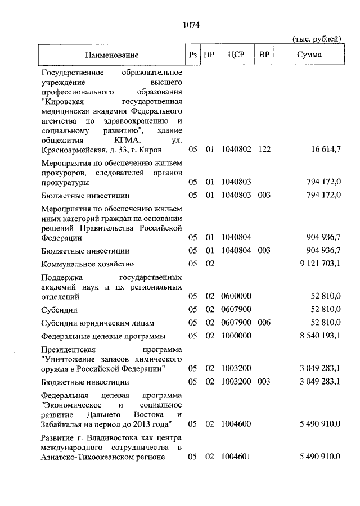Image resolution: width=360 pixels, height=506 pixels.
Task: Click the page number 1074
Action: [191, 25]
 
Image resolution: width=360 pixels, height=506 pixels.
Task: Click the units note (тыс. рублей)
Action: [317, 39]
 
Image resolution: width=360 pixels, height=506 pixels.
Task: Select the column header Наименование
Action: [112, 55]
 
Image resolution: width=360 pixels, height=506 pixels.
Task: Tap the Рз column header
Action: [193, 55]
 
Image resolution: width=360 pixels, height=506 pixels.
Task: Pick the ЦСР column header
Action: [236, 55]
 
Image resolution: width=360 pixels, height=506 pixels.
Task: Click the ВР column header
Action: [264, 55]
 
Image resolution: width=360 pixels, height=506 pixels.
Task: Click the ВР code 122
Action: [264, 150]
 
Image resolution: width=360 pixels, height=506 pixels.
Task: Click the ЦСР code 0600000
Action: [236, 296]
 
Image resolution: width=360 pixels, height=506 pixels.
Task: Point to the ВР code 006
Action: [264, 323]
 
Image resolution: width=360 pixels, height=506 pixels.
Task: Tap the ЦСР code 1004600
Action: [236, 423]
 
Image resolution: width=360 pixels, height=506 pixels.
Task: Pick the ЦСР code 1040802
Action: [236, 150]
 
